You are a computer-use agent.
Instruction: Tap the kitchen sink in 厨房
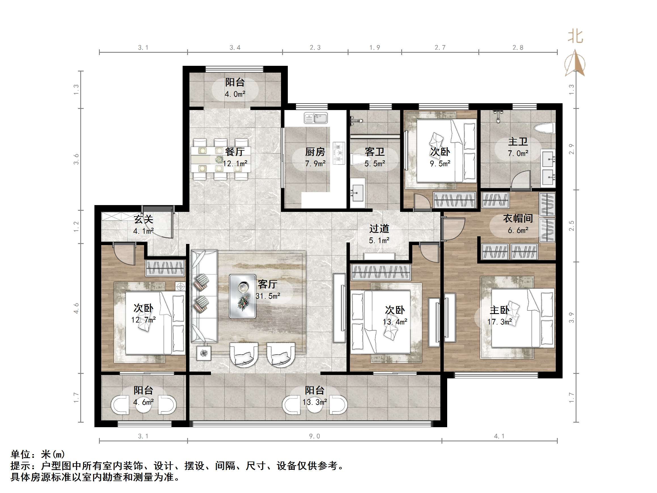coord(315,118)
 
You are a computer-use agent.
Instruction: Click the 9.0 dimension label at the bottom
coord(314,436)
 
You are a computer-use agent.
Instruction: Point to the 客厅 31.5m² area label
coord(268,290)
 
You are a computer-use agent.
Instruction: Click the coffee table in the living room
coord(243,296)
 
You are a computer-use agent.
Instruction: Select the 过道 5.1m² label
coord(379,234)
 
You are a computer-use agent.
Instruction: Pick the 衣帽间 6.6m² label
coord(518,224)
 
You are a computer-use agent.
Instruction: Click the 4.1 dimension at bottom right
coord(499,436)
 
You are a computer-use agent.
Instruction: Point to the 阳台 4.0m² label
coord(235,88)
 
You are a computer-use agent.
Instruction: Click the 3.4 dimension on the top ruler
coord(235,48)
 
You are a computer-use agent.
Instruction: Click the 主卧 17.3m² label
coord(499,315)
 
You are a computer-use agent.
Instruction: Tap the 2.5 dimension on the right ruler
coord(571,226)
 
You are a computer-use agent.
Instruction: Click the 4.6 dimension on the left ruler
coord(76,308)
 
